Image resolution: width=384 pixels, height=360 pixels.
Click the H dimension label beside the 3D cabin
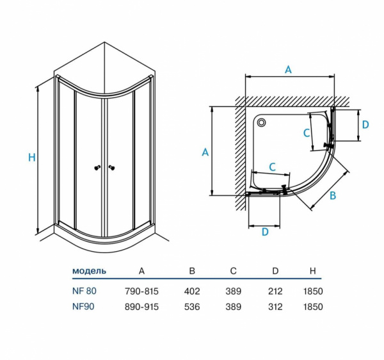click(x=31, y=158)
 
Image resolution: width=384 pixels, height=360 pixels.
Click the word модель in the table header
click(x=90, y=271)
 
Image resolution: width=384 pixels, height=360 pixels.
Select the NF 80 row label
click(x=84, y=291)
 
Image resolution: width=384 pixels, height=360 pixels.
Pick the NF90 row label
click(x=83, y=307)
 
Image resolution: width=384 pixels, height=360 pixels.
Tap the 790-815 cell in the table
click(x=141, y=291)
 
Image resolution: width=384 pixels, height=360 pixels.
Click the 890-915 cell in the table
click(x=141, y=307)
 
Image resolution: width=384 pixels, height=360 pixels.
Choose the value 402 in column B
click(x=192, y=291)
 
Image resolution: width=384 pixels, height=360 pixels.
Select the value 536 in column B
click(x=192, y=307)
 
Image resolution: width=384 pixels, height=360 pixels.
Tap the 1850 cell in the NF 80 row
click(x=313, y=291)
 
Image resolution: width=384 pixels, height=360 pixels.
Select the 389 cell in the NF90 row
click(x=234, y=307)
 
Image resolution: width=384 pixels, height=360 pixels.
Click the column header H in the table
click(x=313, y=271)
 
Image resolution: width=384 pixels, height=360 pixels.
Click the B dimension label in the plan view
click(x=332, y=196)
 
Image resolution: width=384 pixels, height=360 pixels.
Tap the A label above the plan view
click(x=288, y=70)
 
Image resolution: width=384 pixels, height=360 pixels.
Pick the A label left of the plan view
click(x=205, y=152)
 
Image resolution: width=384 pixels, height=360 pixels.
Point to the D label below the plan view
click(x=265, y=232)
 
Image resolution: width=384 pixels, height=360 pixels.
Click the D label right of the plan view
click(x=365, y=125)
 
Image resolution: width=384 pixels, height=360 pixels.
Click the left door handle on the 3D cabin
click(x=97, y=168)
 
